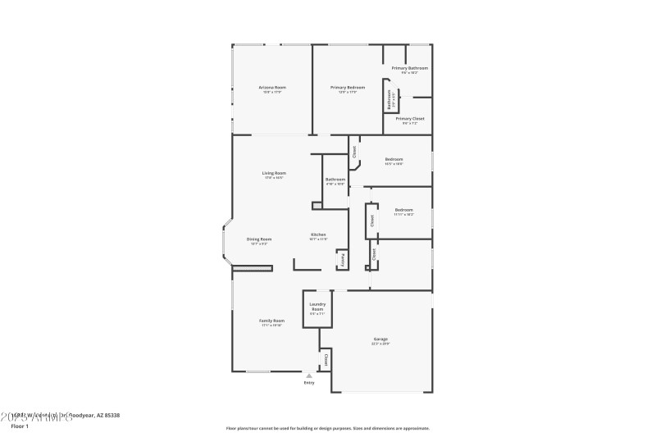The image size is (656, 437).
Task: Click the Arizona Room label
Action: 272,87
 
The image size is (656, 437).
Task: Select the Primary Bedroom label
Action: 348,87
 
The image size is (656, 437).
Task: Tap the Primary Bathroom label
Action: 409,68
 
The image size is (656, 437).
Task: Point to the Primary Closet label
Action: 409,119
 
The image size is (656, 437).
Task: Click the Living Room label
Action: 274,173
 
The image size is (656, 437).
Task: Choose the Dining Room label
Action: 259,239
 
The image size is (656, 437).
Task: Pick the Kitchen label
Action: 318,235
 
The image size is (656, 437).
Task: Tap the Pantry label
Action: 342,259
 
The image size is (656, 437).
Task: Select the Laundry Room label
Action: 317,307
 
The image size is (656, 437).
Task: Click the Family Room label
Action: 271,321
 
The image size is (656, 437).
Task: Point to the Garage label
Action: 380,339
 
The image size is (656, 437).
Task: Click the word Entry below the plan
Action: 309,383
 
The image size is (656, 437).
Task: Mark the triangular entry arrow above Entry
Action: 309,376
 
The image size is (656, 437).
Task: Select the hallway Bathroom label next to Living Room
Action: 335,180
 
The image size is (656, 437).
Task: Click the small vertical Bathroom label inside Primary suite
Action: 389,99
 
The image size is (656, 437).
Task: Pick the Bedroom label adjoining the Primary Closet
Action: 394,159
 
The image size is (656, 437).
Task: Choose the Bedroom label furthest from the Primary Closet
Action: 403,210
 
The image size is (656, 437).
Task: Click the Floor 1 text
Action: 18,426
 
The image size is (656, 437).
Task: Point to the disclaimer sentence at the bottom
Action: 327,428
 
